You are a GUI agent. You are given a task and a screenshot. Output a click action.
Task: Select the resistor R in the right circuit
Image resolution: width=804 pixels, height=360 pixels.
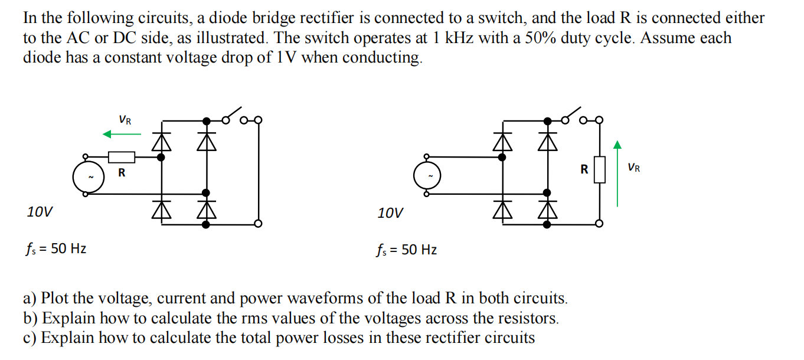click(599, 170)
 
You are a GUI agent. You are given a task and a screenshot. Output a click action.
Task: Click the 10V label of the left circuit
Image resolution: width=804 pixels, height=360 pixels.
click(39, 211)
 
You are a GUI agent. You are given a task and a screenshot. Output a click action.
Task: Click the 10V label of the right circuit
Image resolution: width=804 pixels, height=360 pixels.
click(390, 212)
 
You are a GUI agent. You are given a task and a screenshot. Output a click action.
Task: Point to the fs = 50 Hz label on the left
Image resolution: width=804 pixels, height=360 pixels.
click(55, 249)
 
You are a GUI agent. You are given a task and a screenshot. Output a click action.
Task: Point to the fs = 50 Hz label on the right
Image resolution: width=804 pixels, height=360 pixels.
click(407, 250)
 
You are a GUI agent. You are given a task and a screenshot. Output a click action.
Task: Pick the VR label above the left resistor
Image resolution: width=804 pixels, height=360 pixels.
click(125, 120)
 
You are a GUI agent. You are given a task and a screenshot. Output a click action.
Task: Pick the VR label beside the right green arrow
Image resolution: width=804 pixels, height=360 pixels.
click(634, 168)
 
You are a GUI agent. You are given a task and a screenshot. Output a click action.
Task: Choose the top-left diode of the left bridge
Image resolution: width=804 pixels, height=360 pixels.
click(161, 140)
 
